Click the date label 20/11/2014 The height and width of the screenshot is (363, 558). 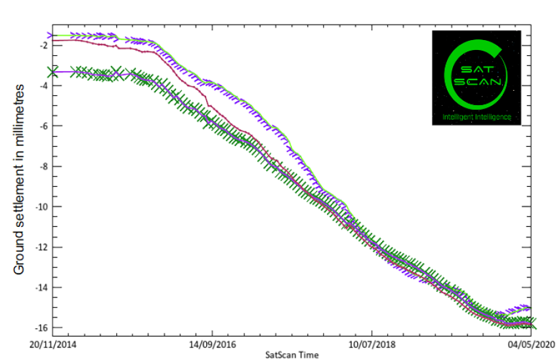tap(53, 345)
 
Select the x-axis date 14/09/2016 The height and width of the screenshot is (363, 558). tap(211, 345)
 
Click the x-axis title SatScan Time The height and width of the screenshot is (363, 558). tap(292, 355)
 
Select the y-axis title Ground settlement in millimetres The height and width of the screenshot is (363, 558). tap(19, 179)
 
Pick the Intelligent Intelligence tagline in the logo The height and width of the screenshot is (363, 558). tap(477, 116)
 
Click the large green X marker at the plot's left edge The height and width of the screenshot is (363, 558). tap(53, 72)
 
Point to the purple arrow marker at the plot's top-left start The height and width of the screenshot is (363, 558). tap(51, 35)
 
